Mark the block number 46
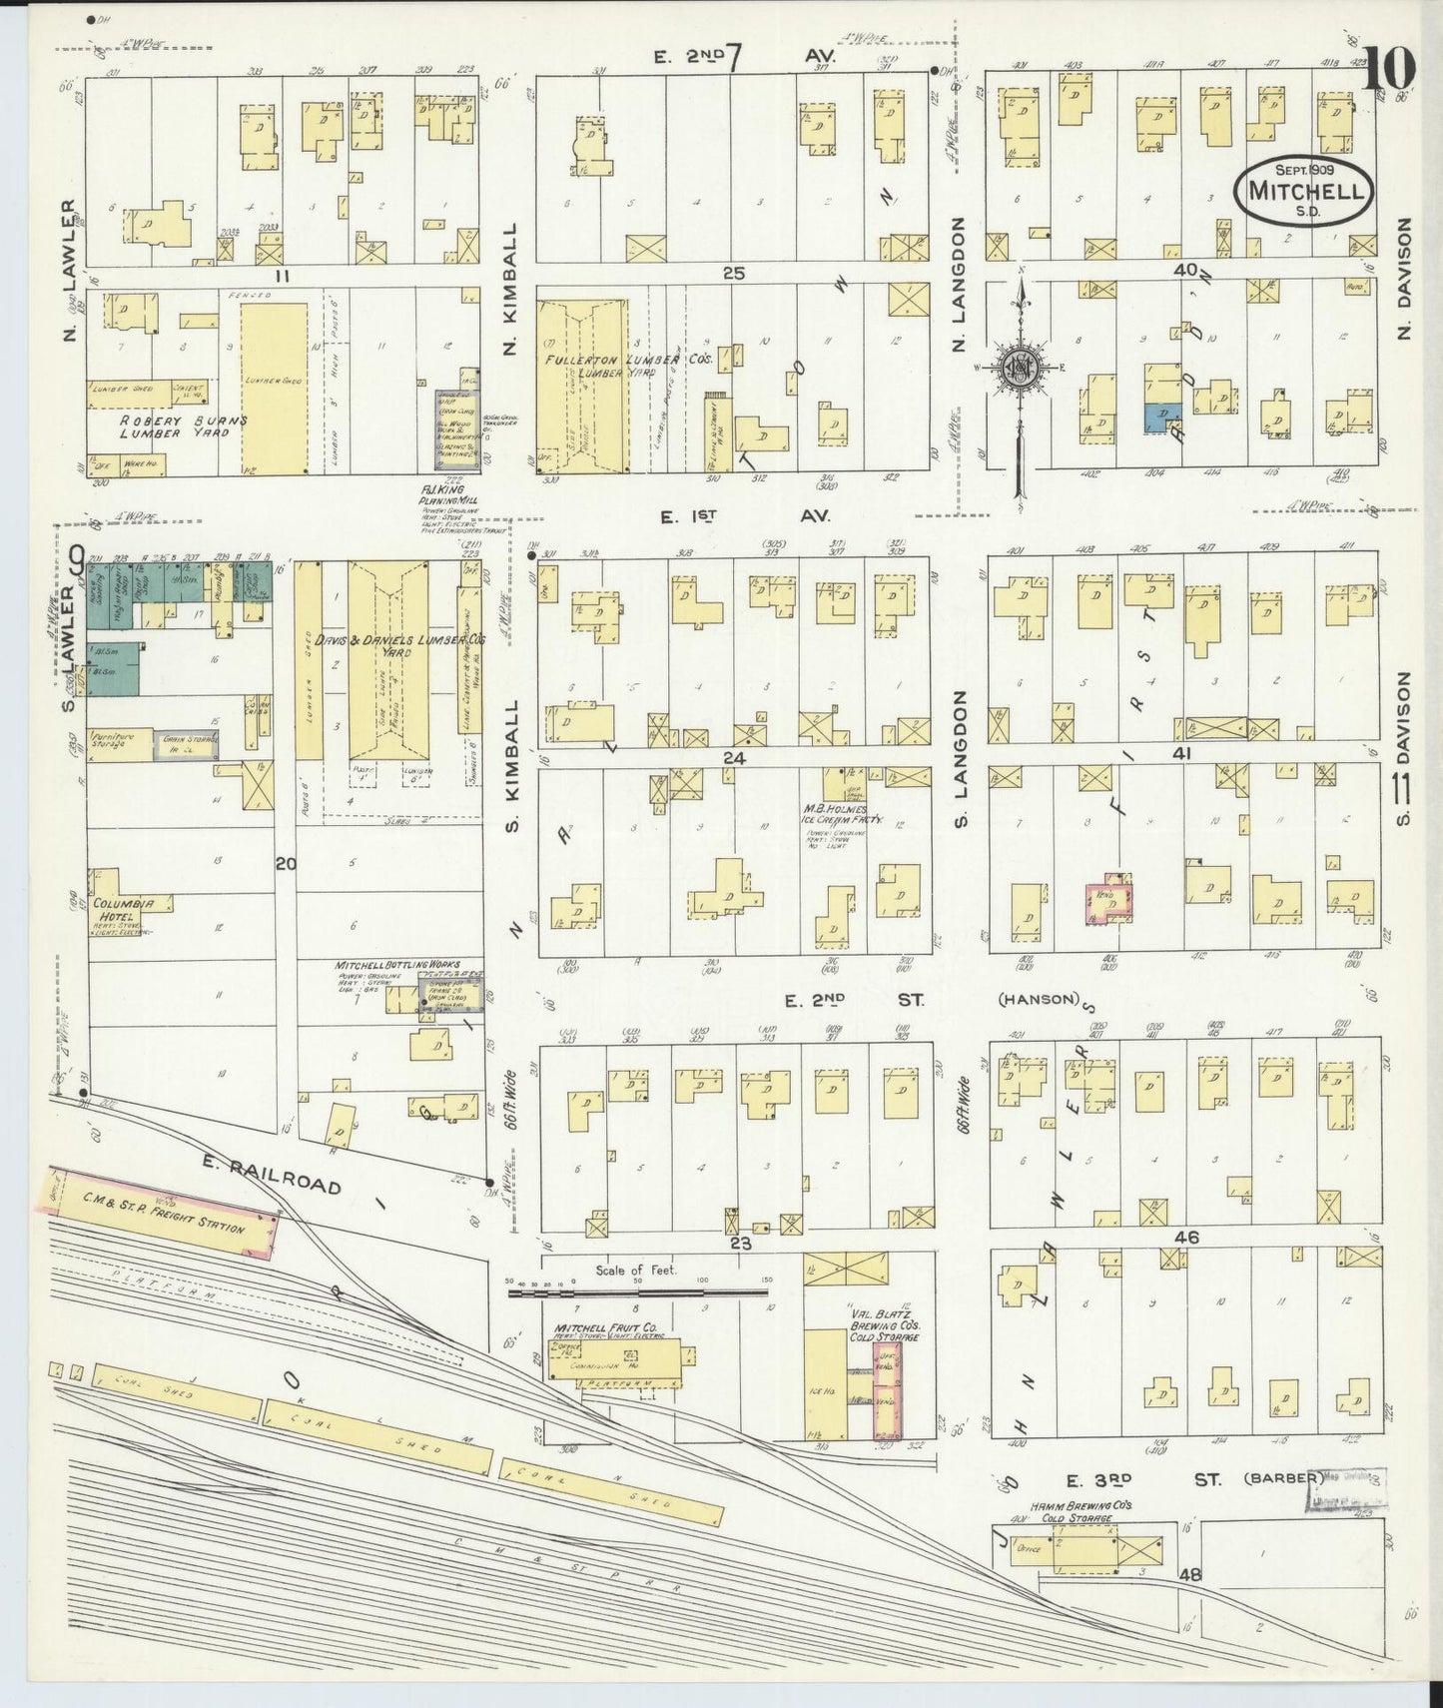click(1186, 1237)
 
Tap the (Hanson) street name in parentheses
click(1039, 998)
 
